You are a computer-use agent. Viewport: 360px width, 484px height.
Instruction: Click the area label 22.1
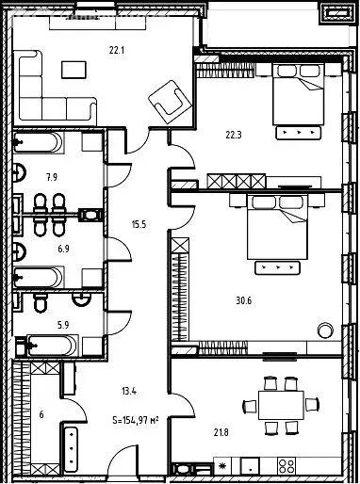pos(117,50)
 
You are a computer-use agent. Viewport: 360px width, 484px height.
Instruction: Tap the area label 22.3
pos(234,136)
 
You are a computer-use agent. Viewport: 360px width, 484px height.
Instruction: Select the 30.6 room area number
pos(244,301)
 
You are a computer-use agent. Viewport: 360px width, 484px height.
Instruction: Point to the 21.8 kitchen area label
pos(221,433)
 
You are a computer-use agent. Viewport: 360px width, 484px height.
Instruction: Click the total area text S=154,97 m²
pos(136,420)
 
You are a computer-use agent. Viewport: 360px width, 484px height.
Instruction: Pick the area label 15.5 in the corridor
pos(139,224)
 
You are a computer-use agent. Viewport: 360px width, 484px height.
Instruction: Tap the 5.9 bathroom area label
pos(63,325)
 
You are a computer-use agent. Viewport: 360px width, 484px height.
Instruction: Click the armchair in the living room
pos(170,102)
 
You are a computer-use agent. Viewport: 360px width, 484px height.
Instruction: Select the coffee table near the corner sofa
pos(74,70)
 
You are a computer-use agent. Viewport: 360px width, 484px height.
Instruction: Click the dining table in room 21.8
pos(281,405)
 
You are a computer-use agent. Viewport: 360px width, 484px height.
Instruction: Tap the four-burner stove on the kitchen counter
pos(286,466)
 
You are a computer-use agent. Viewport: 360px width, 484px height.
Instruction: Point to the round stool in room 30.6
pos(325,331)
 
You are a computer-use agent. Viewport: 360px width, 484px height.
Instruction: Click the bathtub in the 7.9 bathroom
pos(38,142)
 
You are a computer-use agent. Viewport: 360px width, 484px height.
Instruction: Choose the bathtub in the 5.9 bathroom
pos(52,346)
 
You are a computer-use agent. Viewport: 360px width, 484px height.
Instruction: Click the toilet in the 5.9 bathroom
pos(41,302)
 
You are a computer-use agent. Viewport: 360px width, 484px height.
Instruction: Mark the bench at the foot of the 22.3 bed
pos(299,133)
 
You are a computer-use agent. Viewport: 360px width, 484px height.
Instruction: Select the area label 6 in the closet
pos(41,414)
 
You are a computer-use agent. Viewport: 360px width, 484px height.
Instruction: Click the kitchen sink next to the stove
pos(250,466)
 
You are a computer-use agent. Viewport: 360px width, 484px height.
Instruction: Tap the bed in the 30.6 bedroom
pos(277,227)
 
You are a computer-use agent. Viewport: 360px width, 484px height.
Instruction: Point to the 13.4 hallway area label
pos(129,391)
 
